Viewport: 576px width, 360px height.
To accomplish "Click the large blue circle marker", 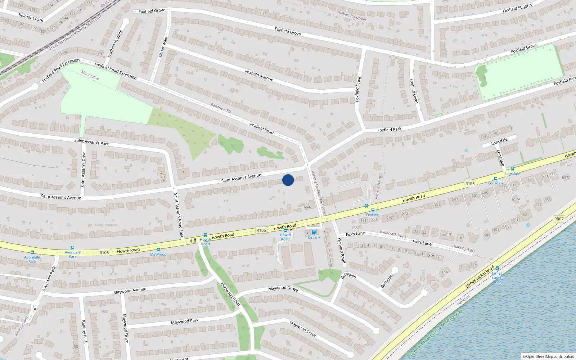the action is pos(288,180).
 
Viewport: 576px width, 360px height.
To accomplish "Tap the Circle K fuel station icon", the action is pos(314,232).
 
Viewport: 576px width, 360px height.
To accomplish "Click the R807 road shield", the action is pos(559,219).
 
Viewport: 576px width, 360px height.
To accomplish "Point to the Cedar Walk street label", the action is pos(163,46).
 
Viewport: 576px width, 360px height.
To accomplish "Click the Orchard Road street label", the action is pos(341,251).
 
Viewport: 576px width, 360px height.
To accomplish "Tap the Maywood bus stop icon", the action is pos(158,249).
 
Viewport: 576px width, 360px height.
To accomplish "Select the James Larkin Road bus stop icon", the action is pos(497,268).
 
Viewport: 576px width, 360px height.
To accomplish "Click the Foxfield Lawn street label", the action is pos(414,91).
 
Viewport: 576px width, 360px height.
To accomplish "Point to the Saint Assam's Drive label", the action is pos(83,169).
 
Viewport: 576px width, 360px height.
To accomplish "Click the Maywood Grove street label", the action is pos(283,288).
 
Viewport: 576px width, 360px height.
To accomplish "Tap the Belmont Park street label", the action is pos(31,17).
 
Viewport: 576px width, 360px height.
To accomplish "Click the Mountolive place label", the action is pos(90,75).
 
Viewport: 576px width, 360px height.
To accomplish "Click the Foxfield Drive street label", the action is pos(357,89).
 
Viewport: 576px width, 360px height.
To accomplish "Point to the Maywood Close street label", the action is pos(303,329).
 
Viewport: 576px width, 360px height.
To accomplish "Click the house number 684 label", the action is pos(307,207).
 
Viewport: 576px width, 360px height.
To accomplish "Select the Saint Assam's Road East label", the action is pos(179,216).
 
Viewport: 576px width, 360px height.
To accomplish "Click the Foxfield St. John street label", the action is pos(517,8).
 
